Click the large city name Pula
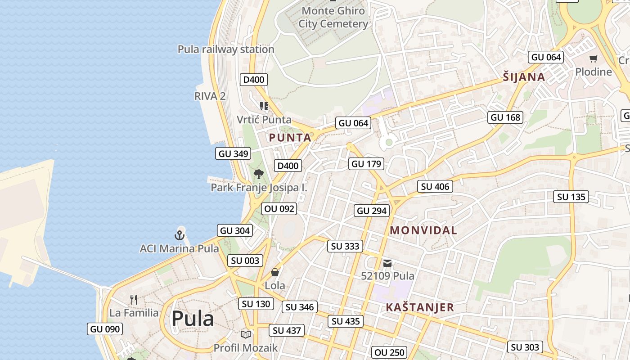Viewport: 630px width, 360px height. [x=193, y=319]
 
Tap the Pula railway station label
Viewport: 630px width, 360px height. [x=226, y=49]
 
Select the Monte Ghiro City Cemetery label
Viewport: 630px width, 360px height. [x=333, y=17]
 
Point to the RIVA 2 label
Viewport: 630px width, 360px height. [x=210, y=96]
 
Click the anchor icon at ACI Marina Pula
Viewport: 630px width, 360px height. [x=180, y=235]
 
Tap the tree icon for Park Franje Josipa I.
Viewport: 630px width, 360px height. [x=258, y=174]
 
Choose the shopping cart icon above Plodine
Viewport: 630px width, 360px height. [x=594, y=58]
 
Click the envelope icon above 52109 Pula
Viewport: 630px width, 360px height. [x=387, y=263]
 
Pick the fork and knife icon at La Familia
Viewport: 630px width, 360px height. [x=134, y=300]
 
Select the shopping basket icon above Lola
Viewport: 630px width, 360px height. [x=275, y=272]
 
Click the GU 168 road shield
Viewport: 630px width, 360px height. [x=505, y=117]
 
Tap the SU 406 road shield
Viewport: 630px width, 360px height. [x=435, y=186]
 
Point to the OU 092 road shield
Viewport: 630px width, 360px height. [x=279, y=209]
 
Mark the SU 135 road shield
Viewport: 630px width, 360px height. [x=571, y=197]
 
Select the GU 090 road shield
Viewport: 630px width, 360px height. [x=105, y=329]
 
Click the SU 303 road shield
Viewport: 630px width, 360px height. [x=525, y=347]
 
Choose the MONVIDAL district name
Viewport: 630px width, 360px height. [x=423, y=230]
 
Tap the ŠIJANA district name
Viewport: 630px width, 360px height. [x=524, y=77]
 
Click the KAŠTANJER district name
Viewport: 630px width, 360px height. [x=420, y=307]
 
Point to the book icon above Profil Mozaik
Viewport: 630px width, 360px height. [x=245, y=334]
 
